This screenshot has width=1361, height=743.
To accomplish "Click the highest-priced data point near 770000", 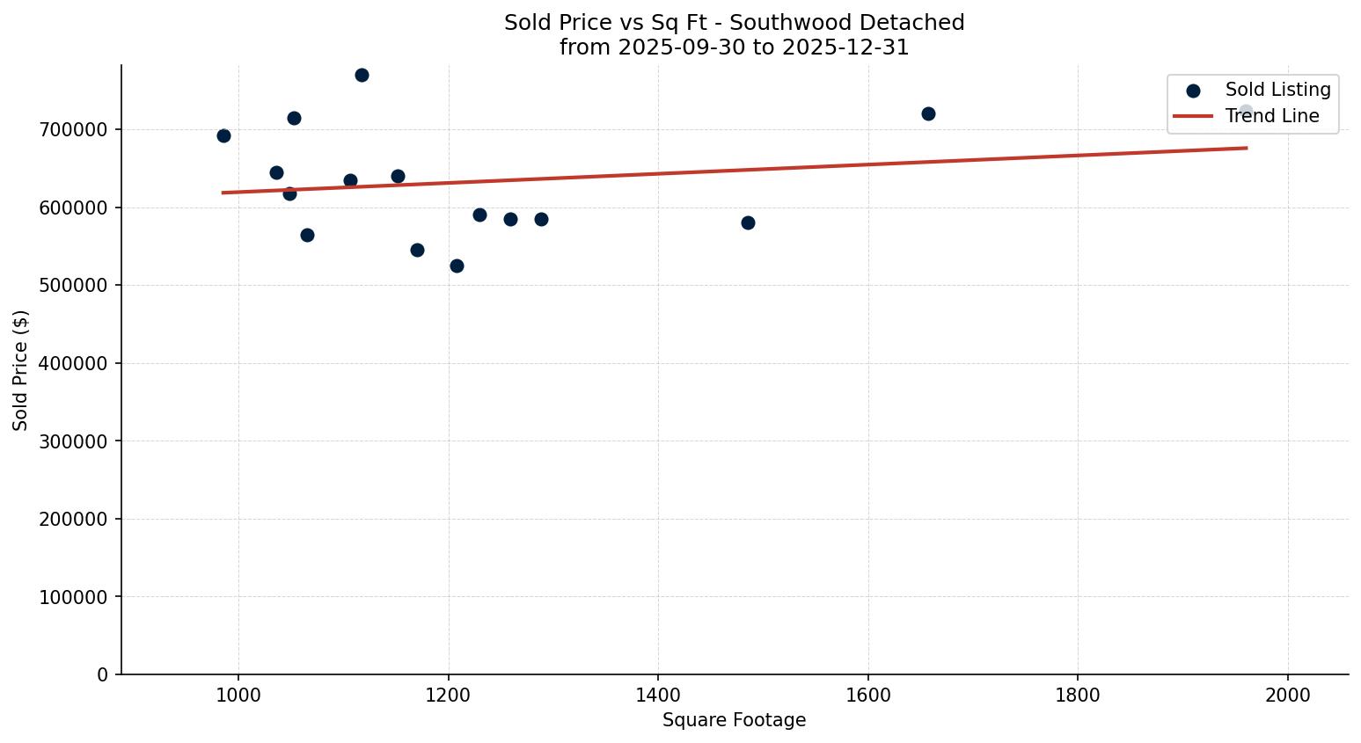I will click(x=362, y=75).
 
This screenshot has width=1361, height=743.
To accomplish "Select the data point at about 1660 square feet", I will click(x=928, y=113).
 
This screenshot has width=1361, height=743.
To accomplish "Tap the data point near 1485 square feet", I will click(x=748, y=222).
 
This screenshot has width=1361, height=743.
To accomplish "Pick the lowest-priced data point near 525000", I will click(x=457, y=266).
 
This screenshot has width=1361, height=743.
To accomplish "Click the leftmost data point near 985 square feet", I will click(x=223, y=135).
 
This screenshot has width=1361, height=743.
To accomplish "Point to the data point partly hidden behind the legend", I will click(x=1246, y=112).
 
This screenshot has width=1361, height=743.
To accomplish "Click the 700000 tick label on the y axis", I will click(x=73, y=130).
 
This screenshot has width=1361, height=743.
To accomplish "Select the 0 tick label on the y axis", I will click(x=102, y=674).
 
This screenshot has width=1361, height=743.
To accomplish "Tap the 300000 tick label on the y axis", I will click(x=73, y=441).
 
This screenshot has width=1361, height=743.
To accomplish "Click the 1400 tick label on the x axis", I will click(x=658, y=695).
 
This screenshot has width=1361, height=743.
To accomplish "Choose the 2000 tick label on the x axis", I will click(x=1288, y=695).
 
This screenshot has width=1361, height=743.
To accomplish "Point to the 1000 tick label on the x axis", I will click(x=238, y=695).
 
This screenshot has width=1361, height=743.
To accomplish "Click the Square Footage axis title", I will click(x=734, y=721).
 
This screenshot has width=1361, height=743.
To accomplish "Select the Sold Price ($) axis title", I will click(x=20, y=370).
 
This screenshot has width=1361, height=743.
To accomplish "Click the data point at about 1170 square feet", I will click(x=417, y=250).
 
